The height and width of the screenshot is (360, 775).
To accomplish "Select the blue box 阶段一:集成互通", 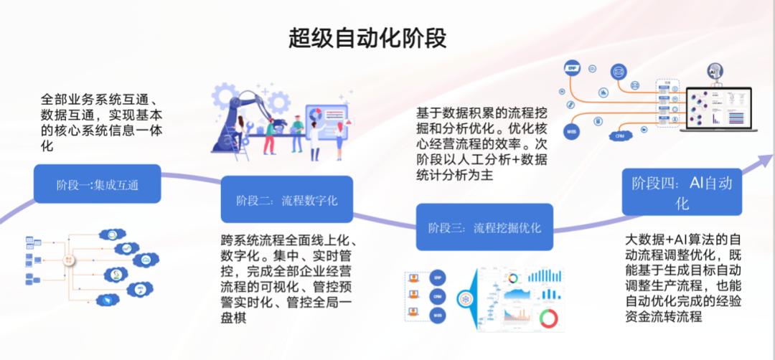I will pyautogui.click(x=98, y=185).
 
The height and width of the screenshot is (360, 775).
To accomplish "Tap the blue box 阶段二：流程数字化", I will pyautogui.click(x=287, y=200).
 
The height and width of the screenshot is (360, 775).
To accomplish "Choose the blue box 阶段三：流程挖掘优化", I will pyautogui.click(x=484, y=228).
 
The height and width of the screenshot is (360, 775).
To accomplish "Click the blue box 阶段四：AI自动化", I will pyautogui.click(x=682, y=192).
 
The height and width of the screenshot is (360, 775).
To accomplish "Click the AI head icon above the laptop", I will pyautogui.click(x=715, y=71).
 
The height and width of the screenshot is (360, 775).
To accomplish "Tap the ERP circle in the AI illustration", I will pyautogui.click(x=573, y=69).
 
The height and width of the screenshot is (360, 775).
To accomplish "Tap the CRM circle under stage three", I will pyautogui.click(x=436, y=295).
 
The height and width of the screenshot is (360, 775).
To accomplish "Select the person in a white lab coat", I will pyautogui.click(x=315, y=136).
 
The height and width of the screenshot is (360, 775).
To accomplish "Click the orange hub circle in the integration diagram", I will pyautogui.click(x=70, y=260).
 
